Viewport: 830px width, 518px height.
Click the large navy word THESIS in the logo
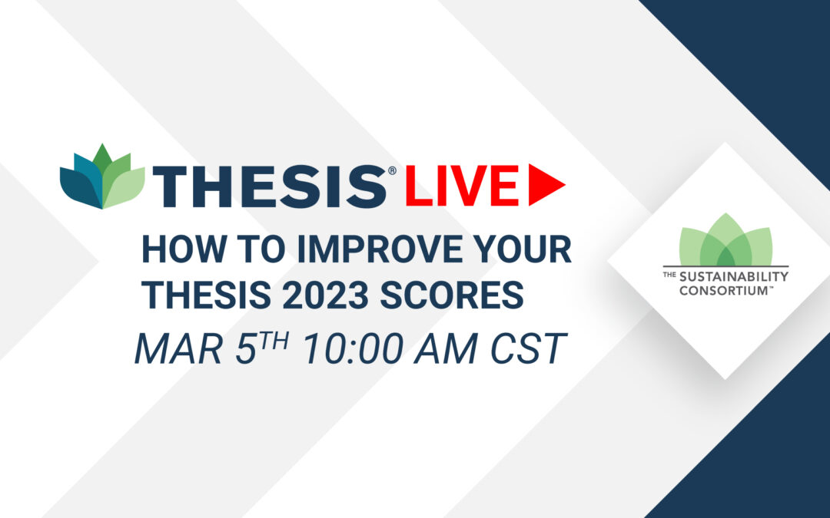pyautogui.click(x=269, y=186)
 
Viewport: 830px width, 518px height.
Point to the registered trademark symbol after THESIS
pyautogui.click(x=392, y=170)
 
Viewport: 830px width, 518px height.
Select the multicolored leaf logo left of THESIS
pyautogui.click(x=102, y=177)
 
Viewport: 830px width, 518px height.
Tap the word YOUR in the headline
pyautogui.click(x=523, y=249)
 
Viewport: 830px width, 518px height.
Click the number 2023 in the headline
pyautogui.click(x=325, y=295)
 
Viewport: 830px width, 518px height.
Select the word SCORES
pyautogui.click(x=452, y=295)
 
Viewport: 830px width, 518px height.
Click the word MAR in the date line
pyautogui.click(x=178, y=349)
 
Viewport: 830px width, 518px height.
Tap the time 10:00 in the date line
pyautogui.click(x=353, y=349)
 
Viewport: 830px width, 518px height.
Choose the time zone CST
pyautogui.click(x=529, y=349)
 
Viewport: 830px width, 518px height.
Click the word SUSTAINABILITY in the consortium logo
pyautogui.click(x=734, y=276)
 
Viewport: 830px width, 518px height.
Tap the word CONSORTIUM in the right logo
pyautogui.click(x=723, y=290)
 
